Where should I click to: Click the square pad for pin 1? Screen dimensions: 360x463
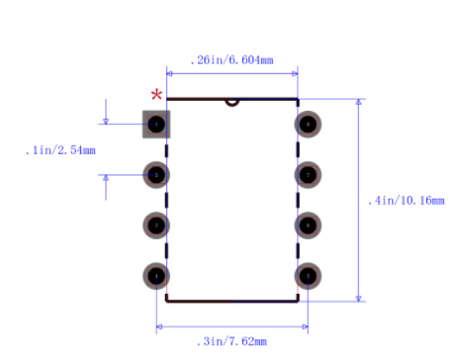(x=156, y=124)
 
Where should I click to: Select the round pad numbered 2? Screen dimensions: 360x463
(x=156, y=174)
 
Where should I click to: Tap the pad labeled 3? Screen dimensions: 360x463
(x=156, y=225)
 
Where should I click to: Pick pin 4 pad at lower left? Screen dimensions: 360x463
(x=156, y=275)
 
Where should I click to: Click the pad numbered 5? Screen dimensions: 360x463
(x=308, y=275)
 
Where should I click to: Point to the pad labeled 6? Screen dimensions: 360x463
(x=308, y=225)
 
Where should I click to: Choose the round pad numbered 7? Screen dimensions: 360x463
(x=308, y=174)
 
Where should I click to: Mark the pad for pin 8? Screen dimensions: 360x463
(x=308, y=124)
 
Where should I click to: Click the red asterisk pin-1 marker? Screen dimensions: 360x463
(x=156, y=95)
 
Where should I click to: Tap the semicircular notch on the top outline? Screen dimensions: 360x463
(x=231, y=101)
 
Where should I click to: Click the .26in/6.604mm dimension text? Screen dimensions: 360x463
(x=231, y=60)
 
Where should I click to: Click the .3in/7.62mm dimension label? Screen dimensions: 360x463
(x=232, y=341)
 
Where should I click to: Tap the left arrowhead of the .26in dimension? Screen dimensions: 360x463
(x=169, y=72)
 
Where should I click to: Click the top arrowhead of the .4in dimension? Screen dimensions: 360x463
(x=358, y=102)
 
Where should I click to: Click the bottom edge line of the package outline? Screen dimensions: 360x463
(x=231, y=300)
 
